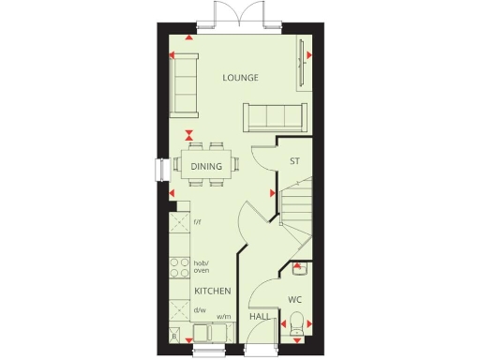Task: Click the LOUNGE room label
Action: (240, 77)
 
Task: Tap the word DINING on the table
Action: (206, 167)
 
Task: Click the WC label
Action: (294, 300)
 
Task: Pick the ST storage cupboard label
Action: (294, 160)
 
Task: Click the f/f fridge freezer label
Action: (198, 221)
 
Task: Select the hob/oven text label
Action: (201, 266)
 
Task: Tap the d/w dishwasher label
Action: (199, 310)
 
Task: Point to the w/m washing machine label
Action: (224, 318)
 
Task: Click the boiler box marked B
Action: (174, 336)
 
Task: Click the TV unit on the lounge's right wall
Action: (301, 70)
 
